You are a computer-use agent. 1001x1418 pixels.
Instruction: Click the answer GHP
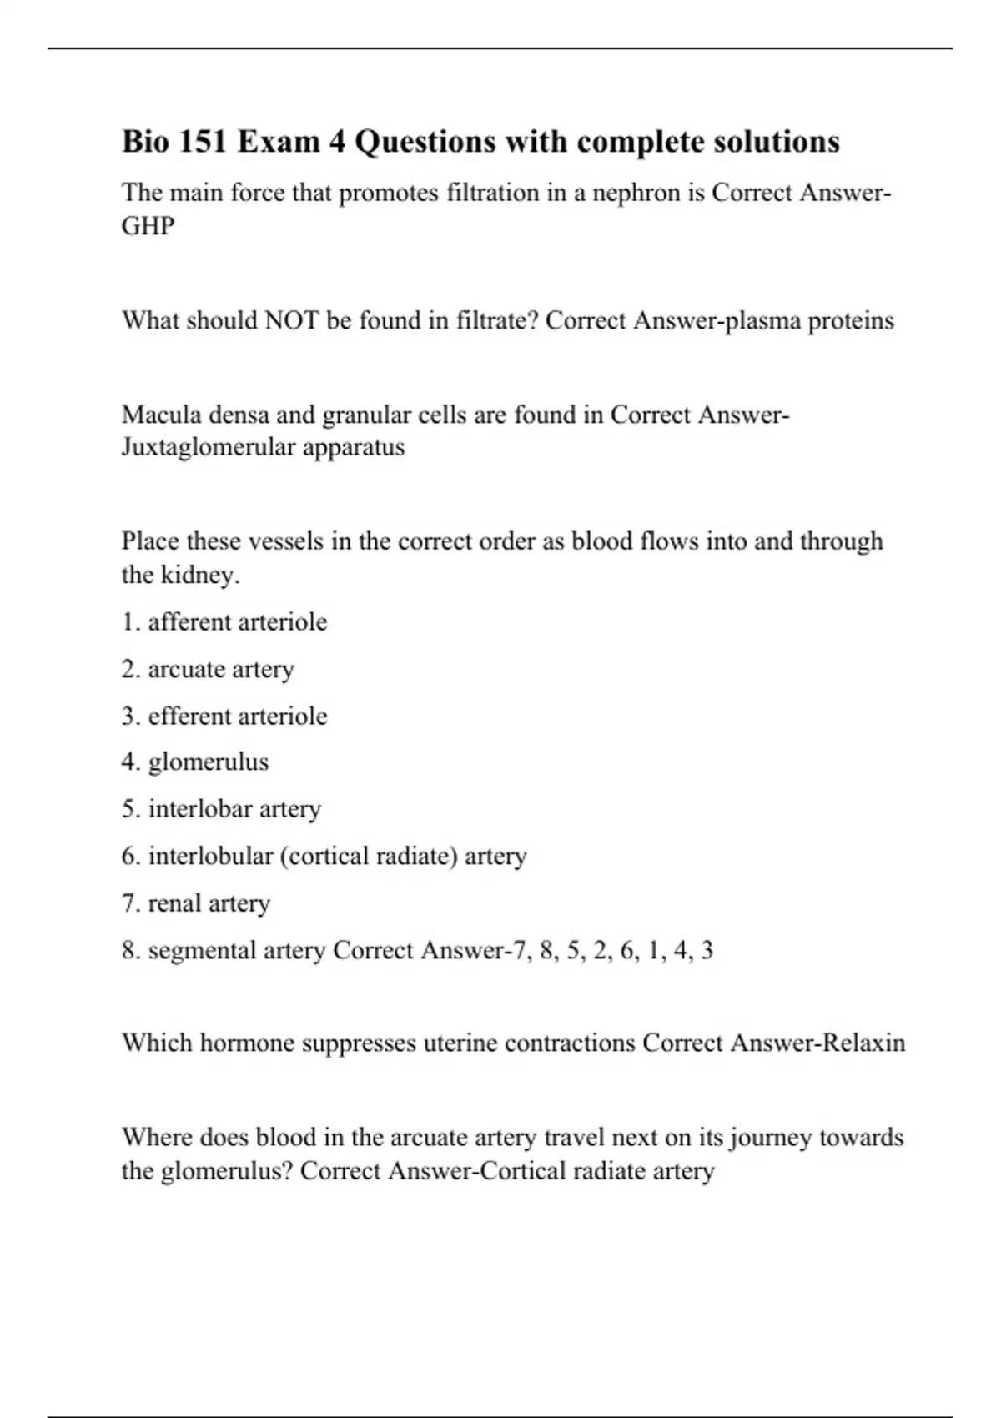(148, 226)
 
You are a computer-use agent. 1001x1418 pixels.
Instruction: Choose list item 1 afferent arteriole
(224, 622)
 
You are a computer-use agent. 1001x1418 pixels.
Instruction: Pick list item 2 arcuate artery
(208, 669)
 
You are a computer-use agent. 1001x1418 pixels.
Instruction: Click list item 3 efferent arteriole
(224, 716)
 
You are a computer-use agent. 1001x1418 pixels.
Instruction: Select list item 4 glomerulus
(195, 762)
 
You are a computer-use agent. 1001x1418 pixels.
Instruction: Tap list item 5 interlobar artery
(221, 809)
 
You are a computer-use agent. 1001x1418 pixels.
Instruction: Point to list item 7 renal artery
(196, 903)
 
